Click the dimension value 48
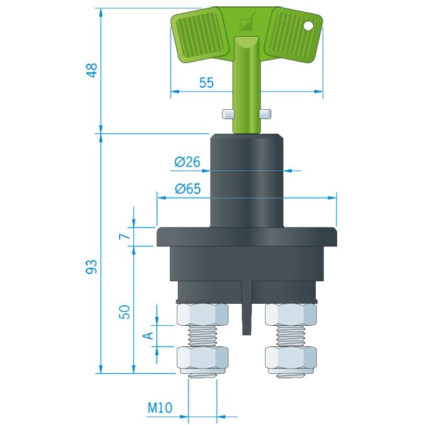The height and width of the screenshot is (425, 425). coord(92,70)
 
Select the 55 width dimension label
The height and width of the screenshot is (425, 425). coord(207,83)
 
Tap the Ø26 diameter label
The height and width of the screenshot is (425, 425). coord(187,161)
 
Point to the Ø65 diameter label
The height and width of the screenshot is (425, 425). coord(188,188)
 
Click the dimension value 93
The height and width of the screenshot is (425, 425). coord(91,266)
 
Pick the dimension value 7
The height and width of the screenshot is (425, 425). coord(125,237)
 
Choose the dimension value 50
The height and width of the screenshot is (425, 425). coord(125,312)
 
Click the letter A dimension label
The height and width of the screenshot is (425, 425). coord(148,336)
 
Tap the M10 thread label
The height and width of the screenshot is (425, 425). coord(160,407)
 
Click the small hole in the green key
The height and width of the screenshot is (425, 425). coord(308,26)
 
